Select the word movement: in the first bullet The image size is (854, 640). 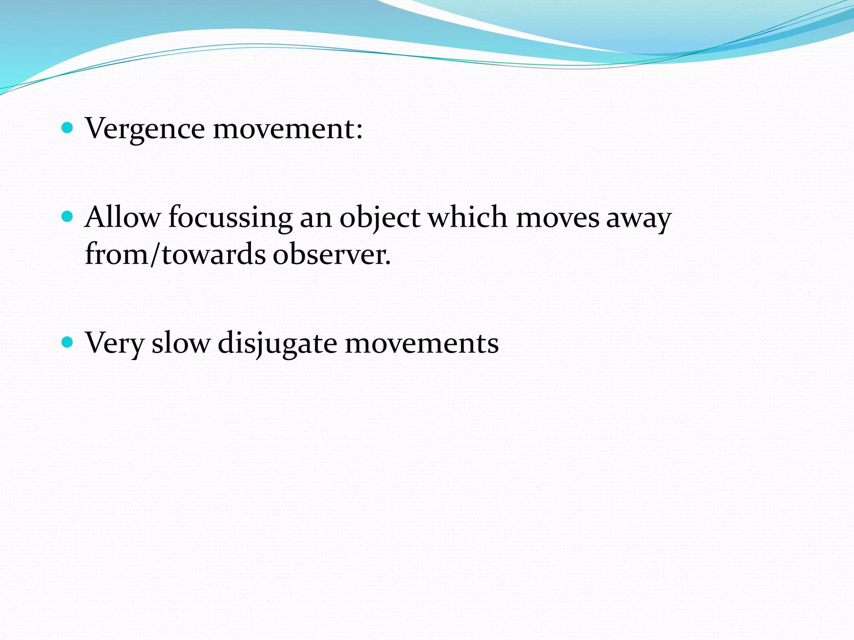(x=288, y=128)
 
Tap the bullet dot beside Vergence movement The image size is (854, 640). (x=67, y=127)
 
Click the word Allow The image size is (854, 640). (x=123, y=217)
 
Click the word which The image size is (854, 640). (x=468, y=217)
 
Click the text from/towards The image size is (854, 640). (x=175, y=254)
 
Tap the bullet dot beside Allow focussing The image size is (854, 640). (x=67, y=217)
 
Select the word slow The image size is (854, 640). (x=181, y=343)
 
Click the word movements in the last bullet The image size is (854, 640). (x=422, y=343)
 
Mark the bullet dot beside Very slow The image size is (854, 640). (x=67, y=342)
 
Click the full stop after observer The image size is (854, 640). (x=388, y=263)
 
